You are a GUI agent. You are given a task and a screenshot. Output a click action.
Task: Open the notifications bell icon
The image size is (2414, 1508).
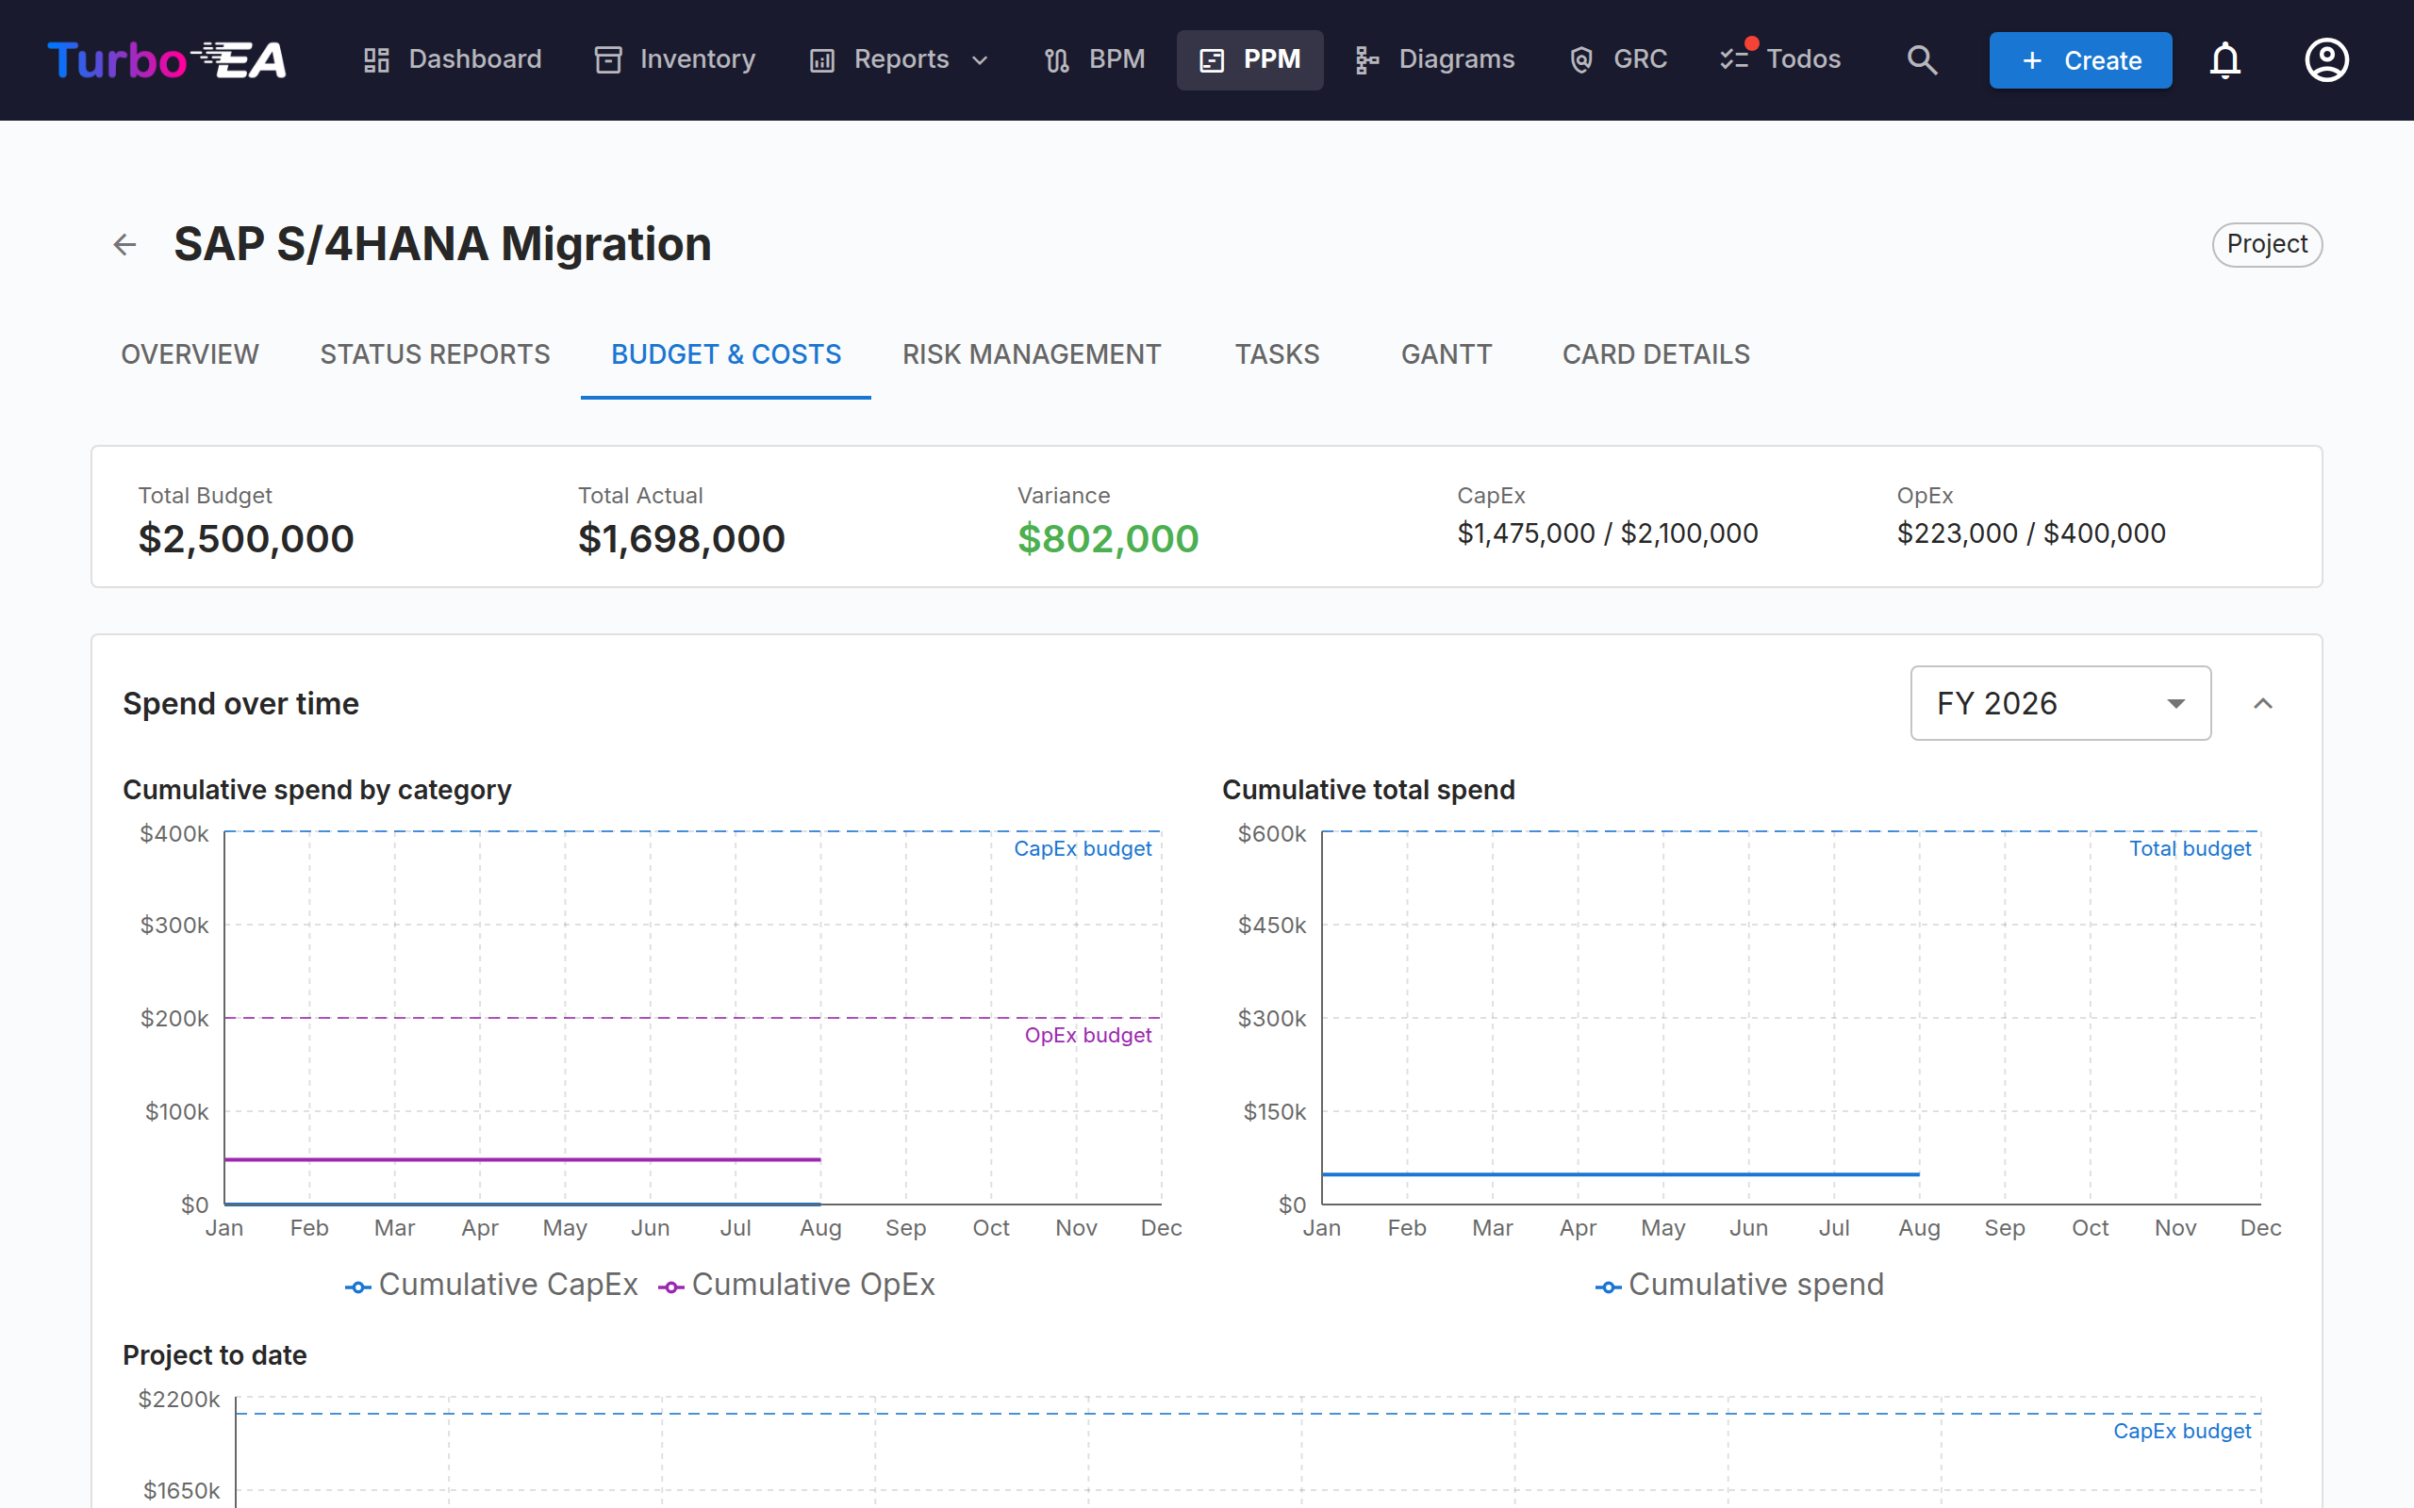(2224, 59)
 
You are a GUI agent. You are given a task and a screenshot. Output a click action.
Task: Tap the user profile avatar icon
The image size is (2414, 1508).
(2326, 59)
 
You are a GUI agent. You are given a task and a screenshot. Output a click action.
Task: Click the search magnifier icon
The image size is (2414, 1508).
(1921, 59)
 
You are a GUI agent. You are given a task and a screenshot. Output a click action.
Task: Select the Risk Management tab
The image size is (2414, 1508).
(1032, 354)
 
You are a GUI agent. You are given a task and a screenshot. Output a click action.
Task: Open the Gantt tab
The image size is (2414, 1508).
(1447, 354)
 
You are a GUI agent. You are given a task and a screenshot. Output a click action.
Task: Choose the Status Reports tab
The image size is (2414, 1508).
(435, 354)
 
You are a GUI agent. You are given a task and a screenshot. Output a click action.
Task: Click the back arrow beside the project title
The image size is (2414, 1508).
(124, 244)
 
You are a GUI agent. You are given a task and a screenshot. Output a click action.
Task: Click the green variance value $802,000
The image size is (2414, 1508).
(1107, 538)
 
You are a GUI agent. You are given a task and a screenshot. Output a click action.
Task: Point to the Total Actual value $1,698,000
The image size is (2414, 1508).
(682, 538)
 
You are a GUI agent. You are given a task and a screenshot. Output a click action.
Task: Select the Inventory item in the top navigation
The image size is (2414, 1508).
(675, 59)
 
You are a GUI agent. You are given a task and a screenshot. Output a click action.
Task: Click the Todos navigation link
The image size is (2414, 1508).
(1780, 59)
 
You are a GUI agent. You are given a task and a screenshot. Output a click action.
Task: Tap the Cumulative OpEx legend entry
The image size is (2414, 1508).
(797, 1285)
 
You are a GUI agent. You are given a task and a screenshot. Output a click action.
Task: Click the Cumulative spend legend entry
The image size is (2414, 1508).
(1740, 1285)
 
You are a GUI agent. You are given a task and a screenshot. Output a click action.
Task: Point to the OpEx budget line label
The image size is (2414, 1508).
(1088, 1035)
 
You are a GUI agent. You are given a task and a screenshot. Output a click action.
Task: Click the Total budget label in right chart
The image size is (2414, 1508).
(2191, 849)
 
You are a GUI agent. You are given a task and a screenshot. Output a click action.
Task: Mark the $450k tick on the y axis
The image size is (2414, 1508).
(1272, 926)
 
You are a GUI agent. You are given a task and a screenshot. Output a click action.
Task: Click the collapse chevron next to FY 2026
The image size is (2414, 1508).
(2262, 703)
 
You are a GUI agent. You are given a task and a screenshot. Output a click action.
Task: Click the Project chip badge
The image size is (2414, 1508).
(2267, 244)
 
